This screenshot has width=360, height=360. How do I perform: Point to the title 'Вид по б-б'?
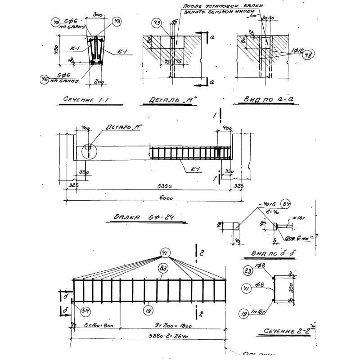270,254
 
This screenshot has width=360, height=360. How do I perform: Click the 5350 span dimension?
153,185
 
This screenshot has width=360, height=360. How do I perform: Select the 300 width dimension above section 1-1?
97,15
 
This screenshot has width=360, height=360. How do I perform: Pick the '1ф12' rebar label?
297,49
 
